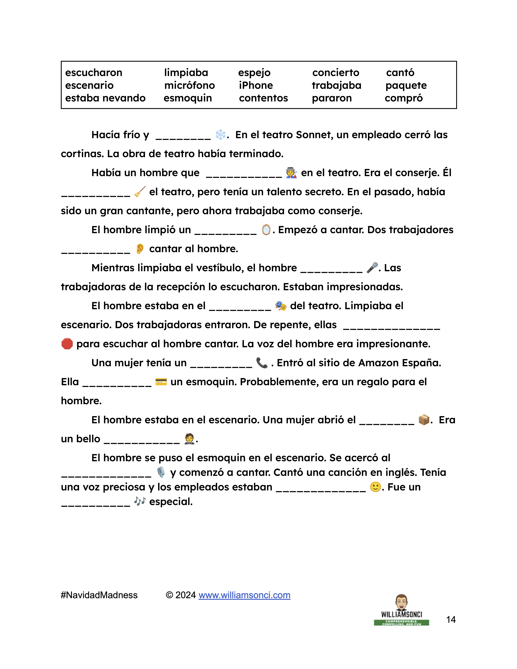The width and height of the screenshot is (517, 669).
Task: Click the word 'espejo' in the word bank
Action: pos(254,73)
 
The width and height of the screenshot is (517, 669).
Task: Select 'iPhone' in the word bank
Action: pos(256,86)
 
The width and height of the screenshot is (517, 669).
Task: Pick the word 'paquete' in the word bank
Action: pos(406,86)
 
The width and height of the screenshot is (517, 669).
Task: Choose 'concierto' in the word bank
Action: pos(336,73)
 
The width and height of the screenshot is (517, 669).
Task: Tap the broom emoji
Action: pos(140,192)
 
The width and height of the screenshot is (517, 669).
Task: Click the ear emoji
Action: pos(140,249)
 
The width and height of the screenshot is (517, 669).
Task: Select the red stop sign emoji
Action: pos(67,344)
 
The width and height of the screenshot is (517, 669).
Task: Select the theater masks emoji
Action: pos(281,306)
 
